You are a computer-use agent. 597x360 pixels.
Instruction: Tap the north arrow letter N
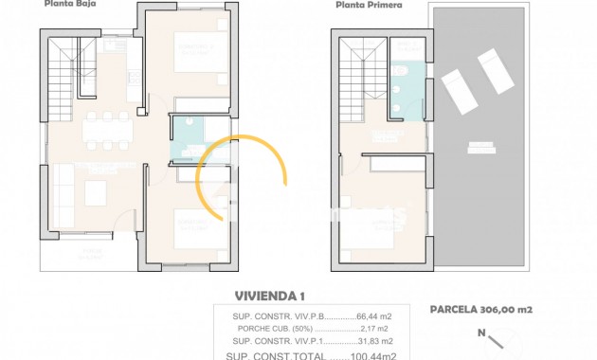pos(481,333)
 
